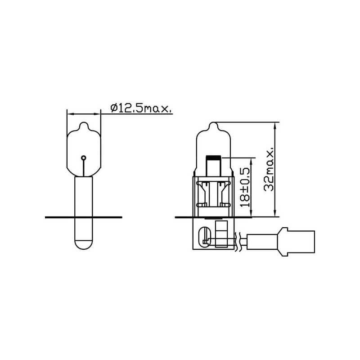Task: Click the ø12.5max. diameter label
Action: click(x=141, y=108)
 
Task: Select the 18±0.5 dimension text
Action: click(x=245, y=187)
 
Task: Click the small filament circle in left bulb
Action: click(x=84, y=158)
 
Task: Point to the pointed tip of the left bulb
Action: click(x=84, y=122)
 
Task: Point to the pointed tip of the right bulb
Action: click(x=214, y=122)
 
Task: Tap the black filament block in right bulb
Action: click(x=214, y=158)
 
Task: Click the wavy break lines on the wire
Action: click(x=238, y=241)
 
